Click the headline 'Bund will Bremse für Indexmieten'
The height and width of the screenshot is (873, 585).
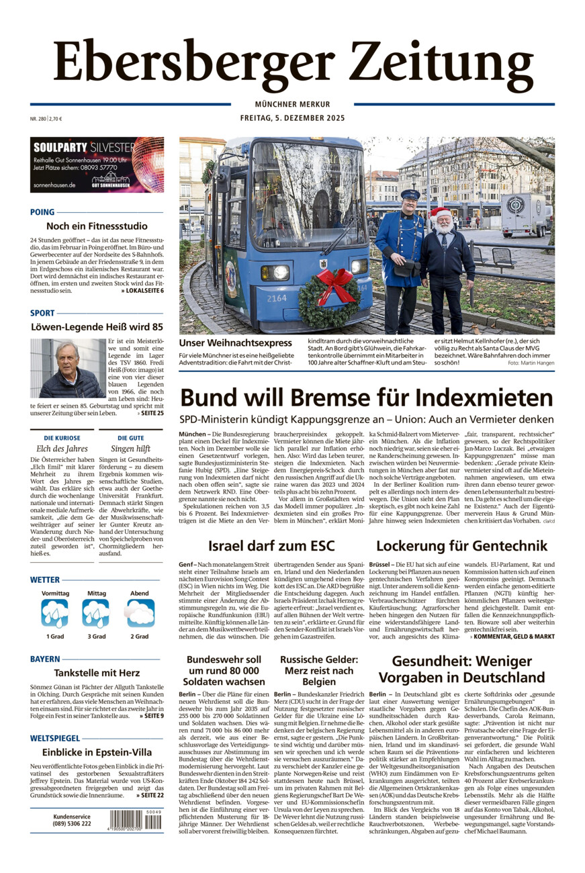367,398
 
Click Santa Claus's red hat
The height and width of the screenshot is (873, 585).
440,214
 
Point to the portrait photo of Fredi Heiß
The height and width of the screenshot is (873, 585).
67,368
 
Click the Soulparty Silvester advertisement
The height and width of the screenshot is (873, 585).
97,165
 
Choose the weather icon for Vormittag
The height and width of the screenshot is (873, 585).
54,613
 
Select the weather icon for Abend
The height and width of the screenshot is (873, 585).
140,613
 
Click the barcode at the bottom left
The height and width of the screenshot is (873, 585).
135,821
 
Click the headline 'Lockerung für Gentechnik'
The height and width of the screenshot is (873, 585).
461,545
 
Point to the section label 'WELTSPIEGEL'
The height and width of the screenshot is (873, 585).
55,738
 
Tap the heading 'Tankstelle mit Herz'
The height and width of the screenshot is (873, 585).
97,673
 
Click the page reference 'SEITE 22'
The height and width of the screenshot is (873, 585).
150,796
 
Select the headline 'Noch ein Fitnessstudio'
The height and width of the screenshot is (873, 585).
97,226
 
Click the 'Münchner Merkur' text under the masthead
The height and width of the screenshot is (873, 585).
292,104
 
